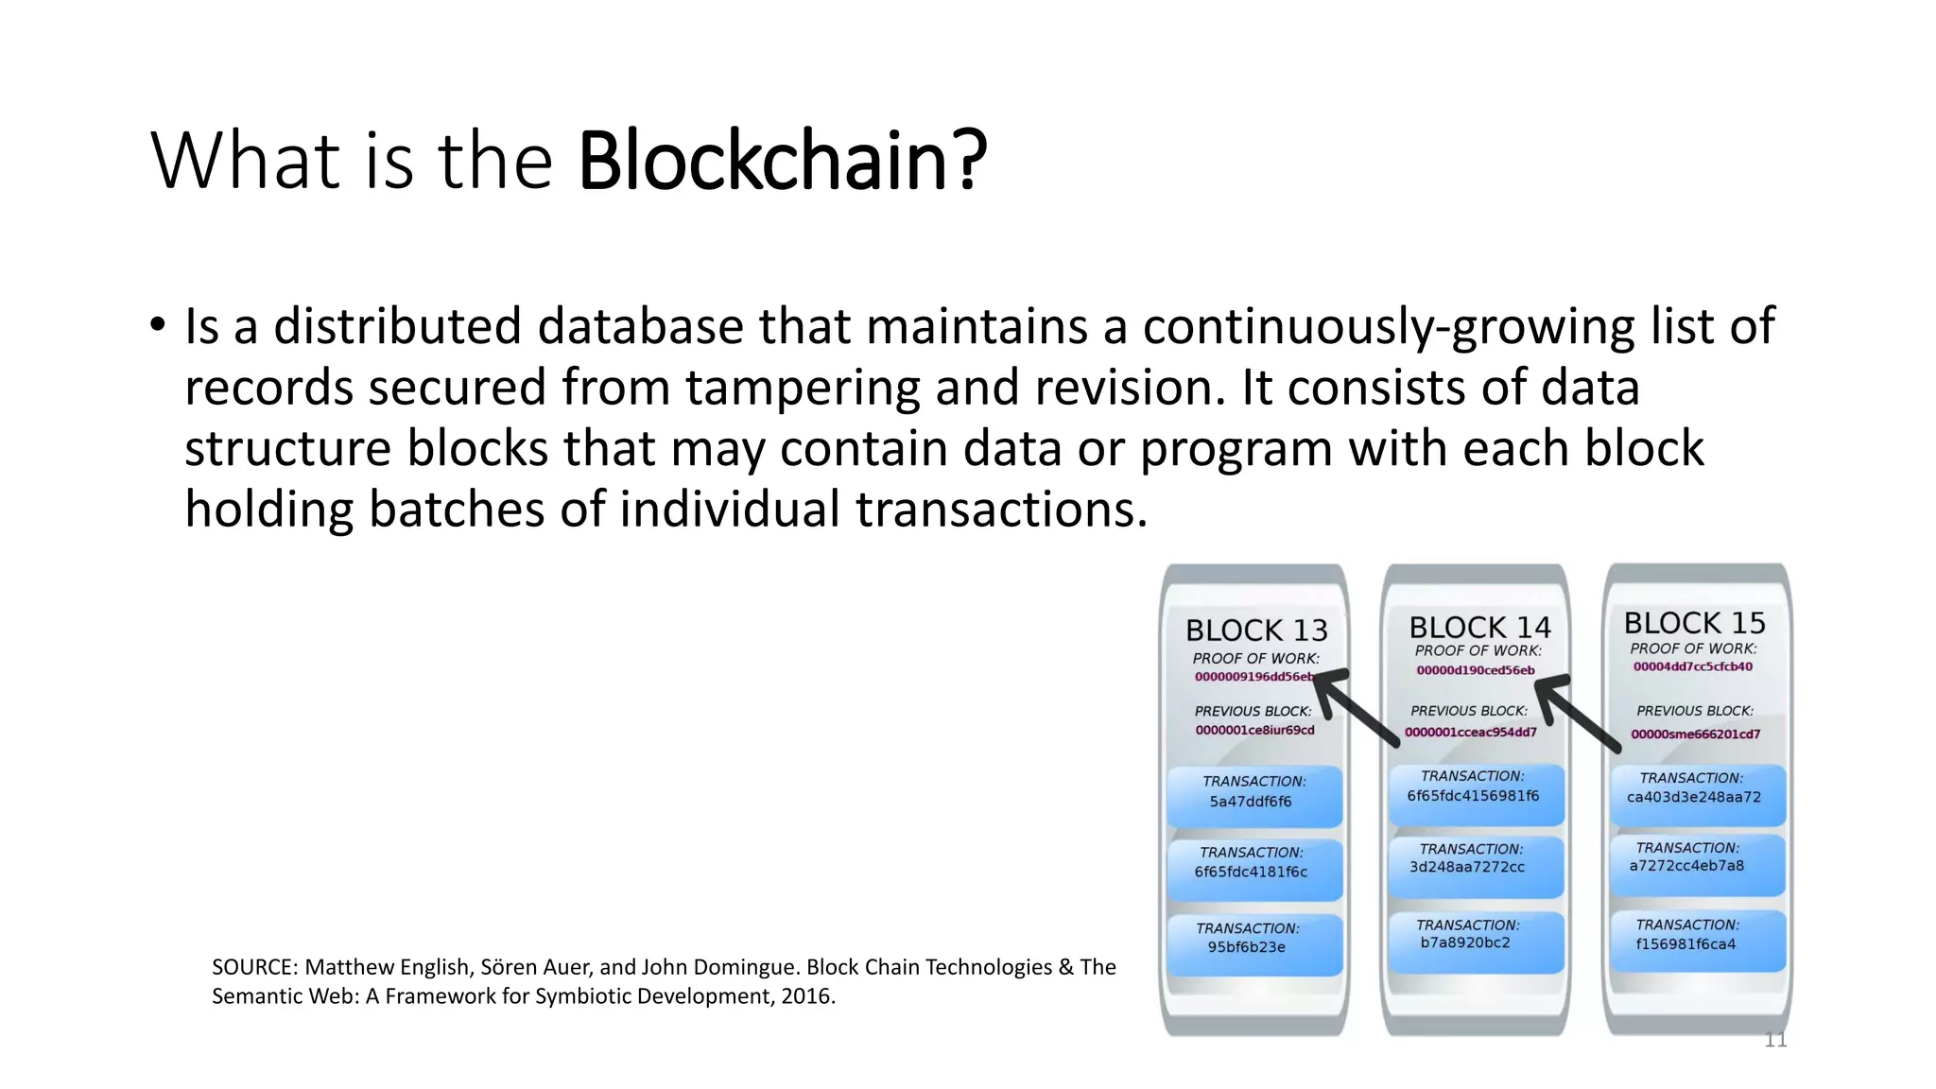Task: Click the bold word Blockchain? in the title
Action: (783, 161)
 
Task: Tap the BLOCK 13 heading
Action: (1256, 631)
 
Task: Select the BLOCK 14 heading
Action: (1479, 628)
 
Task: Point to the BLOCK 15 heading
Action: (1694, 623)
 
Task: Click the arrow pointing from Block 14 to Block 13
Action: (1356, 707)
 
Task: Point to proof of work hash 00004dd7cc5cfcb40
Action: (1692, 666)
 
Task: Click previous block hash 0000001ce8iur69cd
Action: (1254, 730)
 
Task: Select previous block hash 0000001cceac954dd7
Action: (1470, 732)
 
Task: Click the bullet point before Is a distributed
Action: (157, 325)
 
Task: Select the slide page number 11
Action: (1775, 1040)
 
